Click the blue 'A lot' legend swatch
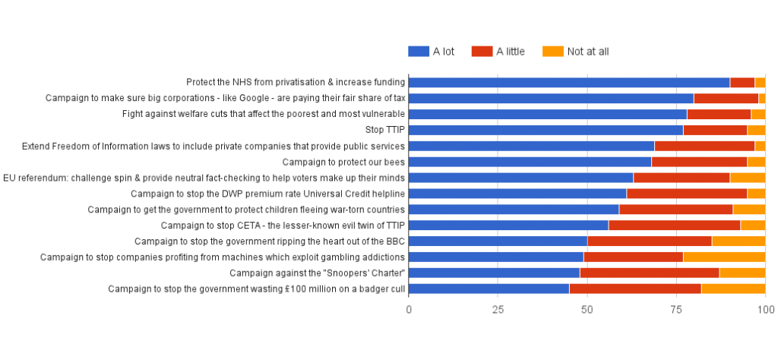[419, 52]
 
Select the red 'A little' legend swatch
[482, 52]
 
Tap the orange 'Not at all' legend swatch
[553, 52]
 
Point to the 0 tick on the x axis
[409, 310]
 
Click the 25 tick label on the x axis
[498, 310]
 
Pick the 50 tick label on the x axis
[587, 310]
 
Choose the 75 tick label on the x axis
[676, 310]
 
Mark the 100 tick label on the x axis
[765, 310]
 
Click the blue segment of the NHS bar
[569, 82]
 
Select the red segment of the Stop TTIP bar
[715, 130]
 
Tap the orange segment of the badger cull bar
[733, 289]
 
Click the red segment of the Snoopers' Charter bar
[650, 273]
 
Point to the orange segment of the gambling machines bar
[724, 257]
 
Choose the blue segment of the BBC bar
[498, 241]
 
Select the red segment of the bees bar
[699, 162]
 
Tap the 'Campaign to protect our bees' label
[343, 162]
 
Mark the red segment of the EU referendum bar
[682, 178]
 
